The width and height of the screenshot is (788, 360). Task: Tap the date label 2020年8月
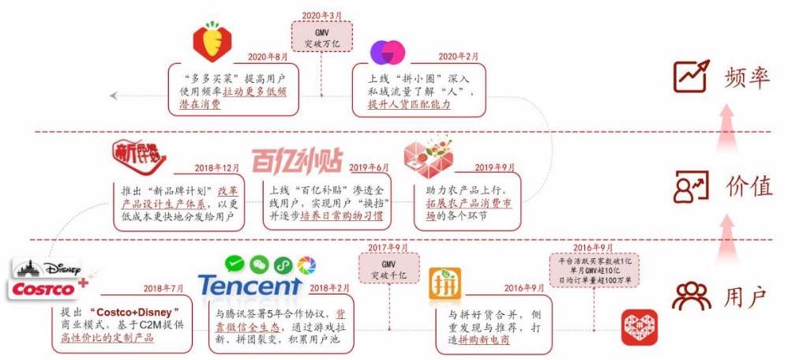tap(268, 57)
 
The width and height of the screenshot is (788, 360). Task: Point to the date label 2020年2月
tap(459, 57)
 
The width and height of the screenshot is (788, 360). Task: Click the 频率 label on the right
tap(745, 75)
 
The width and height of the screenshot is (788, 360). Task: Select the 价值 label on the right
tap(745, 186)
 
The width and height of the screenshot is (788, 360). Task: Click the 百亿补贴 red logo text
tap(297, 160)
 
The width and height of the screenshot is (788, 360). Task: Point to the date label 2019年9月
tap(494, 168)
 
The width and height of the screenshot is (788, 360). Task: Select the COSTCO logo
tap(45, 289)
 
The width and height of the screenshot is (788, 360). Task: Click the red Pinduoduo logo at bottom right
tap(639, 328)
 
